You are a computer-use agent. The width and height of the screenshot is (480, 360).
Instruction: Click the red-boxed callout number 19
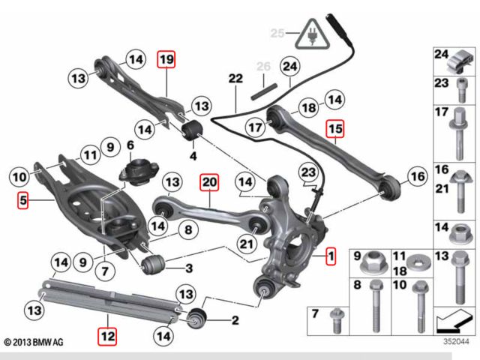point(165,59)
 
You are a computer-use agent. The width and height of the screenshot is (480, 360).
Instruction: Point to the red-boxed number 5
point(23,201)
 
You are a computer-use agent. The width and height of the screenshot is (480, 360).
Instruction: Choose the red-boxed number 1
point(330,259)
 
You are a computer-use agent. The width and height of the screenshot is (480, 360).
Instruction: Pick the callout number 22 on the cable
point(235,79)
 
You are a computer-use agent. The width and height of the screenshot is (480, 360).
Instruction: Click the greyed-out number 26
point(262,67)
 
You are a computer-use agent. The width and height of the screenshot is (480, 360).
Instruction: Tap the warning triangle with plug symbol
point(308,33)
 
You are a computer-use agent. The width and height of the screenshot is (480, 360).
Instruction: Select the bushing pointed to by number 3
point(154,264)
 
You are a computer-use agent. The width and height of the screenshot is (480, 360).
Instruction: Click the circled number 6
point(130,146)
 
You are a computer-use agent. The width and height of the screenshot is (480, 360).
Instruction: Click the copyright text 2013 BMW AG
point(34,342)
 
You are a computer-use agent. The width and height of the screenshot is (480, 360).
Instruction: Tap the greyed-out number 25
point(277,34)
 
